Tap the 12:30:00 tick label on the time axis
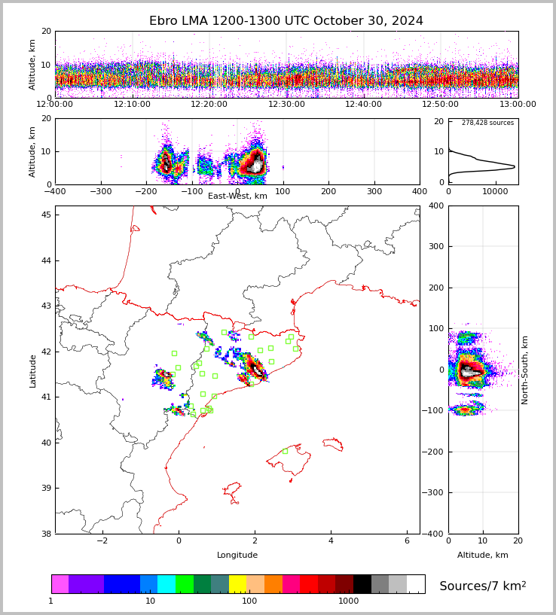coord(286,105)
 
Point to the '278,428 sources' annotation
coord(487,123)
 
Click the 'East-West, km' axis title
coord(237,196)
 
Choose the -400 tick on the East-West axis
coord(55,192)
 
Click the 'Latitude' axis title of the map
coord(32,370)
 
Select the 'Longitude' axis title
coord(237,555)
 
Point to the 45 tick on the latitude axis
coord(46,215)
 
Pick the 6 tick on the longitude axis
coord(407,541)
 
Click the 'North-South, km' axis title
coord(525,370)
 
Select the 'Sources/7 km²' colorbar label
coord(483,586)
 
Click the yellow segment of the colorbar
coord(237,584)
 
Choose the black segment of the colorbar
coord(362,584)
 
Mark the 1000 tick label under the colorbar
coord(348,601)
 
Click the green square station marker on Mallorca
coord(285,451)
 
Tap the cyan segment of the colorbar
coord(166,584)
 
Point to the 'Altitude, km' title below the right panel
coord(483,555)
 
